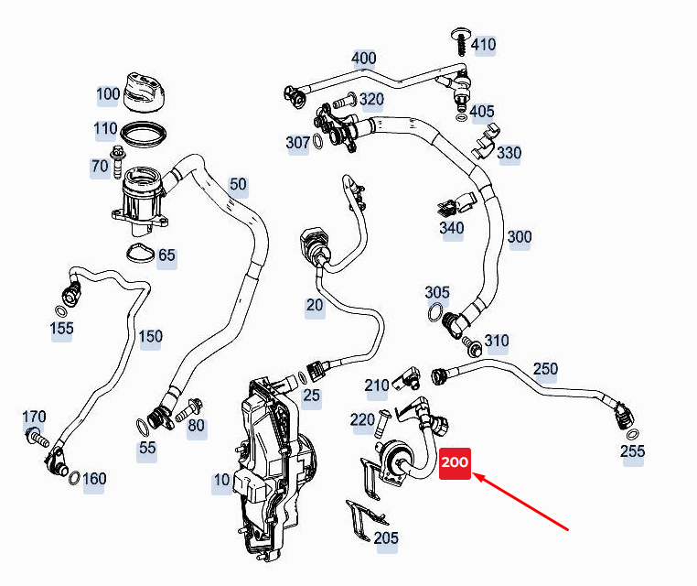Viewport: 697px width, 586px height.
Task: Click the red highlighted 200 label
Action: point(455,463)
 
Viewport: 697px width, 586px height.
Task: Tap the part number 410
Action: point(483,45)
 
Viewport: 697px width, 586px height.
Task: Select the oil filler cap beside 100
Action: point(145,92)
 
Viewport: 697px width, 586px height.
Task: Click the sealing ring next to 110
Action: point(144,134)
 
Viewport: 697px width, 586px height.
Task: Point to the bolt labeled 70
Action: point(119,162)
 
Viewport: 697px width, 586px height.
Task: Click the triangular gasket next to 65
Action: point(141,254)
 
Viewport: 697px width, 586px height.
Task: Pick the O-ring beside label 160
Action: point(74,478)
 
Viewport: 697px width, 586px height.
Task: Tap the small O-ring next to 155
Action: point(61,310)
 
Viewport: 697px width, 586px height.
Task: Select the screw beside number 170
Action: point(37,438)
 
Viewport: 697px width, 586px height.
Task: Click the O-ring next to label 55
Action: point(143,428)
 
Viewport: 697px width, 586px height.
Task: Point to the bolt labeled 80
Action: point(189,410)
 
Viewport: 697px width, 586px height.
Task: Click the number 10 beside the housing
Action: point(221,480)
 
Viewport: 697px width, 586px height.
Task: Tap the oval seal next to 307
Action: point(317,141)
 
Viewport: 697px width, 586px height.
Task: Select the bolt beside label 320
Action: point(345,101)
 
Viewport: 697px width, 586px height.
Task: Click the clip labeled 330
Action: point(486,141)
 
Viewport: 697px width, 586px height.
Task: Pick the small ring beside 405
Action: point(461,118)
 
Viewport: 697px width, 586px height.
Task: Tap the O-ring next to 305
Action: point(435,312)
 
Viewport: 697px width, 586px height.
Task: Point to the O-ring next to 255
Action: point(633,434)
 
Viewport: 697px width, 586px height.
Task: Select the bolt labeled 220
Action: point(381,424)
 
